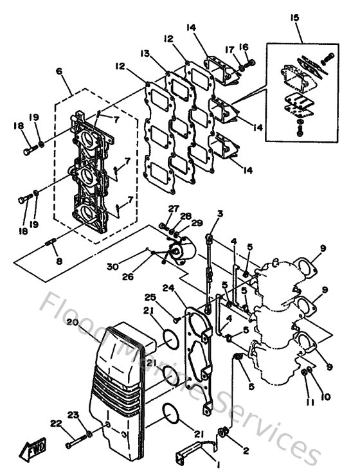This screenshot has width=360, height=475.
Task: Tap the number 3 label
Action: click(219, 214)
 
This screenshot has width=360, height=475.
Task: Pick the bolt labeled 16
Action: click(251, 63)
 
